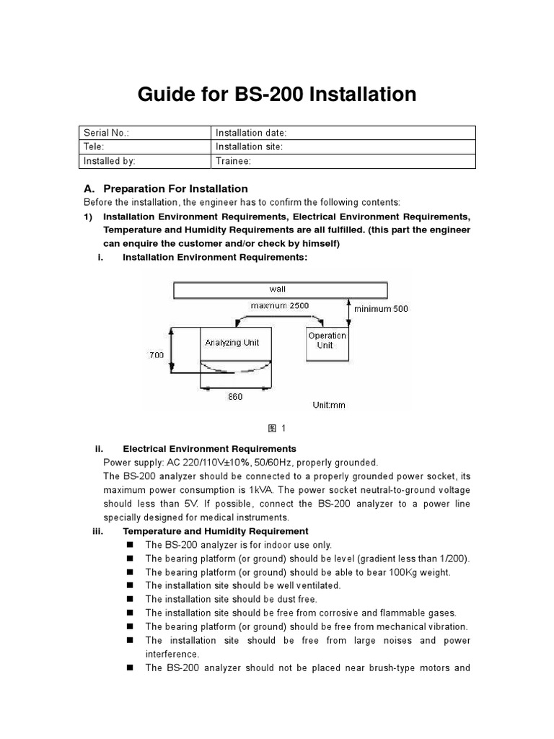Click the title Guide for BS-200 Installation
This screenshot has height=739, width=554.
[277, 95]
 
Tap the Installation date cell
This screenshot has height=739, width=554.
[343, 133]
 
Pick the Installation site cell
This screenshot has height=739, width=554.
[343, 147]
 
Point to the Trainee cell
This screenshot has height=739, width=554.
[343, 161]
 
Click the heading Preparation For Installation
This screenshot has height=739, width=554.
[175, 188]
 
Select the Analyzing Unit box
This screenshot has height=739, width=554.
[232, 343]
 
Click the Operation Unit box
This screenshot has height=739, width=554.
[327, 341]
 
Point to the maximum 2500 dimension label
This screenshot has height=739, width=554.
[279, 306]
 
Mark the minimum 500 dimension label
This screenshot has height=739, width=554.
[381, 309]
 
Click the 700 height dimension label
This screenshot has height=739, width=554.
[157, 355]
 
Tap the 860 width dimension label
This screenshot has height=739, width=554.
[235, 397]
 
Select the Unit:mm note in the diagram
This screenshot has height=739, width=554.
[328, 405]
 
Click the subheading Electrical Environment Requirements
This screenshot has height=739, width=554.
[209, 449]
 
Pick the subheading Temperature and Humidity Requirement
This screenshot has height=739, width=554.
[216, 531]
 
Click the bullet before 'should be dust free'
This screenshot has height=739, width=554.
[131, 599]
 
